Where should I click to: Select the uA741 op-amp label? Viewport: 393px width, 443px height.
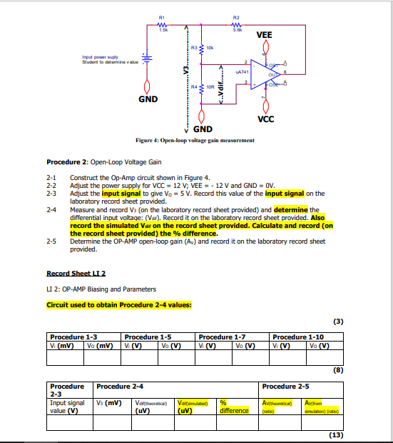(x=241, y=73)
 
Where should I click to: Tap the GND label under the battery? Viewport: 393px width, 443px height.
(x=148, y=99)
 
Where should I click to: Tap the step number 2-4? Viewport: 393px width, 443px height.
(x=51, y=210)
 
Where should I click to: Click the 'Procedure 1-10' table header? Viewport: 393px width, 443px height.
(x=298, y=337)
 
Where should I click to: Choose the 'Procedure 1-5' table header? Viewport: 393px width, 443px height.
(x=148, y=337)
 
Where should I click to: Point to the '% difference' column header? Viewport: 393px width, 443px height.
(x=234, y=407)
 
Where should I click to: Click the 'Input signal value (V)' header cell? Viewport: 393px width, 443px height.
(x=67, y=407)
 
